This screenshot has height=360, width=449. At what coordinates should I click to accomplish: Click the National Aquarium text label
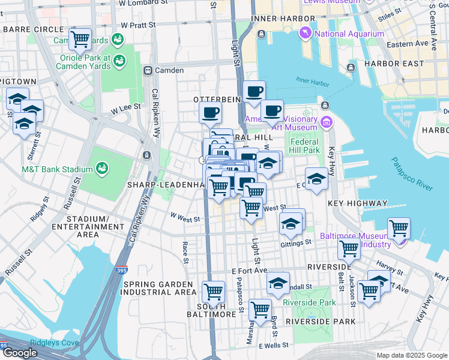pos(349,34)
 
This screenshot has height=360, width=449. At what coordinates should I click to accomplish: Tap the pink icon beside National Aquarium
pos(306,33)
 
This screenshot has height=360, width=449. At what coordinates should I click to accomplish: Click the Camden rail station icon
pos(147,70)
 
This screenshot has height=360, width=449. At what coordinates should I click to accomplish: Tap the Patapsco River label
pos(412,174)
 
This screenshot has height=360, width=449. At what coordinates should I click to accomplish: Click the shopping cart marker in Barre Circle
pos(80,40)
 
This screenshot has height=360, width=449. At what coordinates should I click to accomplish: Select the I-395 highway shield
pos(122,271)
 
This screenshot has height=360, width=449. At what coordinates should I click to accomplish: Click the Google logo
pos(20,353)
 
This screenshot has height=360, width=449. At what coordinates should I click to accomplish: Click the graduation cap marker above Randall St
pos(278,283)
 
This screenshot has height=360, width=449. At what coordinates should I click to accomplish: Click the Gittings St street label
pos(296,243)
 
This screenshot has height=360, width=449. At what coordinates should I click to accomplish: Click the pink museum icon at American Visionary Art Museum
pos(326,123)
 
